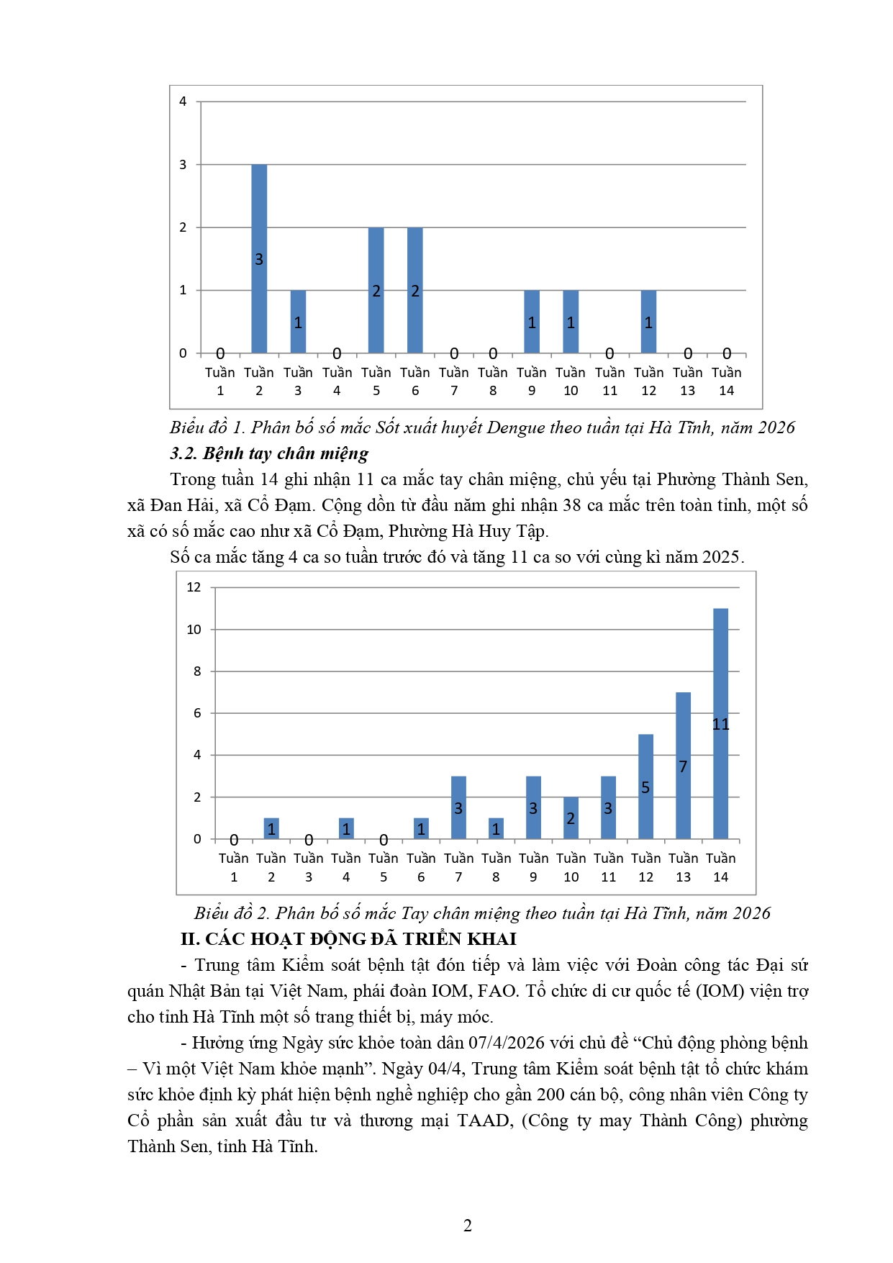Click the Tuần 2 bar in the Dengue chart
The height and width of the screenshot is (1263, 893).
[x=259, y=237]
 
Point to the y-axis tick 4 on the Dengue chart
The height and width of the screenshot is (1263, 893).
[x=183, y=101]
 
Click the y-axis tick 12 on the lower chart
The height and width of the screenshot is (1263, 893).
[x=194, y=587]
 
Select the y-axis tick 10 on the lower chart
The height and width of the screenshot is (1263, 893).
[x=194, y=630]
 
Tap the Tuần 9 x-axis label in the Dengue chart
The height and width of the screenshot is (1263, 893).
[x=532, y=381]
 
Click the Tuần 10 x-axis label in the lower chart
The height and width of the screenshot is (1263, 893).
[x=571, y=867]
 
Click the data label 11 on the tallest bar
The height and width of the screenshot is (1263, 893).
[x=720, y=724]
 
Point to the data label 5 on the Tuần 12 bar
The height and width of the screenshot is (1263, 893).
[x=645, y=788]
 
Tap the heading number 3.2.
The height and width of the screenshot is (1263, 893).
[x=183, y=453]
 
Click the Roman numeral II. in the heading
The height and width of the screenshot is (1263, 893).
[x=190, y=939]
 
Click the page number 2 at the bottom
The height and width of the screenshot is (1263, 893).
[x=468, y=1226]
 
